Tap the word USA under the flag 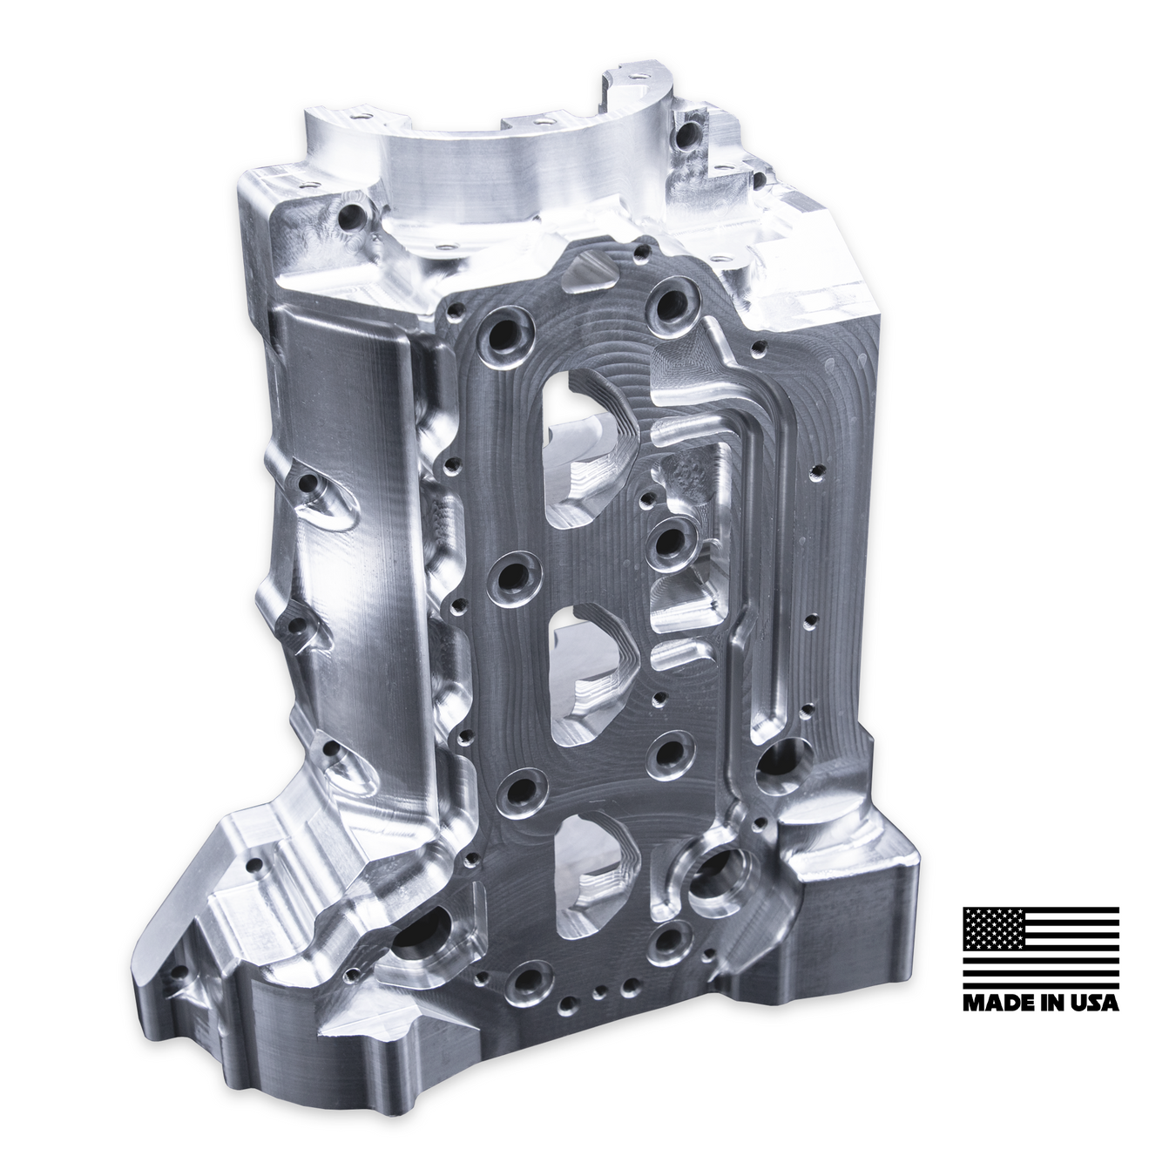(1095, 1002)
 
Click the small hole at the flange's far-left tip (180, 972)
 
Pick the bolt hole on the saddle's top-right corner (688, 135)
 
